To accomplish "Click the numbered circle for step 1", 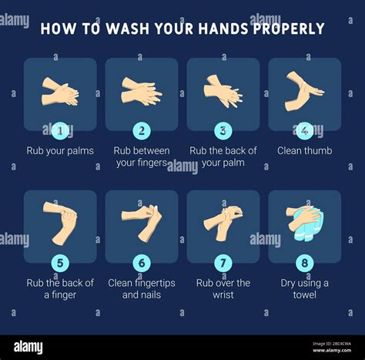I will pyautogui.click(x=60, y=130).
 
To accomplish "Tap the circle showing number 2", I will pyautogui.click(x=142, y=130).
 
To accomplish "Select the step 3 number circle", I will pyautogui.click(x=223, y=130).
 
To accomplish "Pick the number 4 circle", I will pyautogui.click(x=305, y=130).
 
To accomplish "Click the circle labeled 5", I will pyautogui.click(x=60, y=263).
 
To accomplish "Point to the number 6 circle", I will pyautogui.click(x=142, y=263).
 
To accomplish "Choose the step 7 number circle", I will pyautogui.click(x=223, y=263).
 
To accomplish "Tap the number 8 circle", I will pyautogui.click(x=305, y=263).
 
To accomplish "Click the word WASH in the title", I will pyautogui.click(x=115, y=29).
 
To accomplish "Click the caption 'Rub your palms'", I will pyautogui.click(x=60, y=151).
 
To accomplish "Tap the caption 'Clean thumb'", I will pyautogui.click(x=305, y=151).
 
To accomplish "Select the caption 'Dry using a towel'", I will pyautogui.click(x=305, y=288).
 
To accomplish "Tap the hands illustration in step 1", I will pyautogui.click(x=59, y=92).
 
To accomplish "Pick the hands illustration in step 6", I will pyautogui.click(x=142, y=220).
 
